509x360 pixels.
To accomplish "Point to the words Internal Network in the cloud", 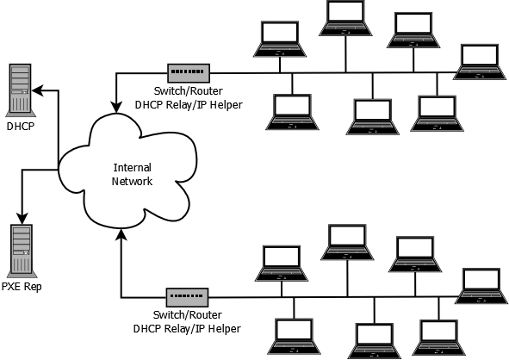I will [x=133, y=174].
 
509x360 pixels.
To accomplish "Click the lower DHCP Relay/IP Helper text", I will [x=186, y=329].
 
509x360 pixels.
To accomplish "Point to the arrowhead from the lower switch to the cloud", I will [x=121, y=234].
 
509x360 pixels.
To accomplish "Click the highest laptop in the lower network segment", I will [x=346, y=242].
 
